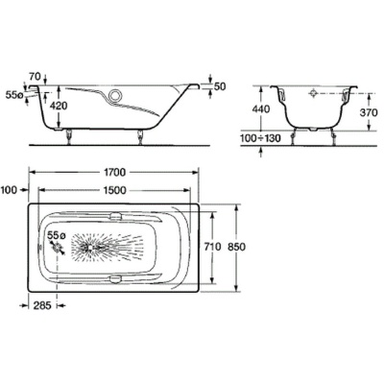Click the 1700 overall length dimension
[x=114, y=172]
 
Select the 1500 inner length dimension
[x=114, y=190]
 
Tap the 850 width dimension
[x=236, y=247]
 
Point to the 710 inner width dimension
[x=212, y=247]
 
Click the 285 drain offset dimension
[x=42, y=305]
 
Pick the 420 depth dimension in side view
[x=60, y=106]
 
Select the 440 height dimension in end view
[x=261, y=108]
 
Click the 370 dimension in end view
[x=369, y=112]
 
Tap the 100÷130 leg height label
[x=260, y=138]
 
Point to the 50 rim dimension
[x=220, y=86]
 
